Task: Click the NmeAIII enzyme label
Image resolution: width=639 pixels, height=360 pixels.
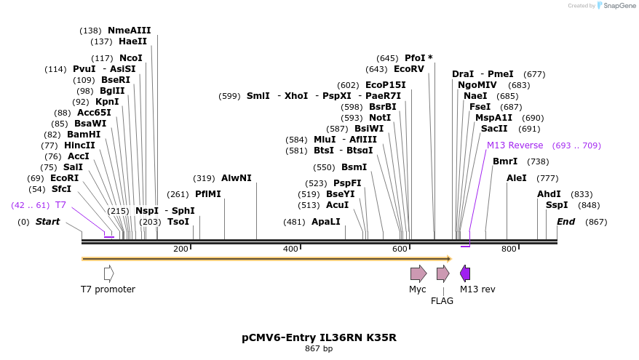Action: (129, 31)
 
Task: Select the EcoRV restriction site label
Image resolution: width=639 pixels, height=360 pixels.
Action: (408, 69)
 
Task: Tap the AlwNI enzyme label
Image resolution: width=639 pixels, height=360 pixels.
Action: (237, 178)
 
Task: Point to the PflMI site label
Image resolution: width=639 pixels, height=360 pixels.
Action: (207, 194)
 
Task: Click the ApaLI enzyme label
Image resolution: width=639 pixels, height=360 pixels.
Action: (325, 221)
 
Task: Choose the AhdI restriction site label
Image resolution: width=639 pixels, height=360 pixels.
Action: (549, 194)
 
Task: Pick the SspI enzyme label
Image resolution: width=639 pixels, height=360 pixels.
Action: (557, 205)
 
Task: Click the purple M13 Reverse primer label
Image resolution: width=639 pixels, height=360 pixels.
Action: (515, 145)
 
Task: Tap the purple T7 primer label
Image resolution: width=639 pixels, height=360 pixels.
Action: (60, 205)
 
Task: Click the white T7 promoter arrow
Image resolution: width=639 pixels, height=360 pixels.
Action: (108, 273)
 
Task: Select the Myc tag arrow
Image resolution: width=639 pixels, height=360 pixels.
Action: (418, 273)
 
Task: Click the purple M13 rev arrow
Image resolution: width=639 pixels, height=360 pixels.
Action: (465, 273)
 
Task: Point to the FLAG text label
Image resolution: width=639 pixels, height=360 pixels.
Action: (442, 300)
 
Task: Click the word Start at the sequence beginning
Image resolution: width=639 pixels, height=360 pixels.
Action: (48, 221)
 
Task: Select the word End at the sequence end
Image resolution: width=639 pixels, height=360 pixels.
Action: (565, 221)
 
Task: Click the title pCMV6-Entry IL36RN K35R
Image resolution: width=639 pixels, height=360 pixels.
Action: (319, 337)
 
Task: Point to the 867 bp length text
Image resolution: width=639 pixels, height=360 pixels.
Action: (319, 349)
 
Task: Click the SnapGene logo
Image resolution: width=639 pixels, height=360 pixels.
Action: (615, 6)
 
